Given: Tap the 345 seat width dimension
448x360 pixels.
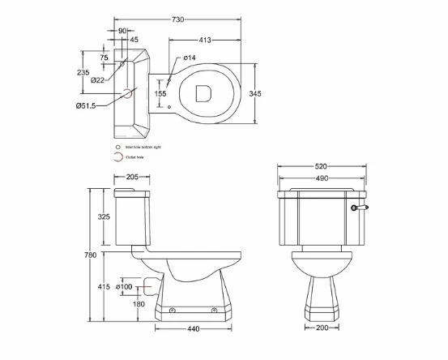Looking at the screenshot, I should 255,94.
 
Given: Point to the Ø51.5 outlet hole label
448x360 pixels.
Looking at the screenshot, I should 87,105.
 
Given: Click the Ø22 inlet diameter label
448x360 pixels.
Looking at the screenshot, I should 96,79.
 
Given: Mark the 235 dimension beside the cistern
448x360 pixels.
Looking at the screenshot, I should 83,72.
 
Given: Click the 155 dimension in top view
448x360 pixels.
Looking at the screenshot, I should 161,94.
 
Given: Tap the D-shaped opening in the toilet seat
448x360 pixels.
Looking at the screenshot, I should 204,92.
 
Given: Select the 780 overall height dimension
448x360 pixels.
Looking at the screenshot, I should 91,255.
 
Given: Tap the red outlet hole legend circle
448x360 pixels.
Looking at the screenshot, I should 118,157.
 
